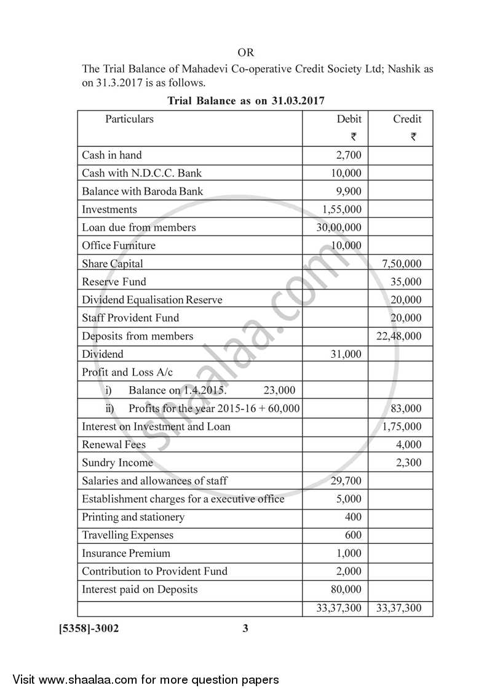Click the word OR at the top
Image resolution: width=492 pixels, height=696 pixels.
[245, 53]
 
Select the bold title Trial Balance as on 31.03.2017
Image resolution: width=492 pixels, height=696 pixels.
[246, 100]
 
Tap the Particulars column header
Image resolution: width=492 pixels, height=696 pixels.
[129, 119]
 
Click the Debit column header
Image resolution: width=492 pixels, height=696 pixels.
[349, 119]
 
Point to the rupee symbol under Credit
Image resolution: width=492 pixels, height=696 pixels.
[413, 137]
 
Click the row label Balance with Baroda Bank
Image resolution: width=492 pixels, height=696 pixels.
[142, 191]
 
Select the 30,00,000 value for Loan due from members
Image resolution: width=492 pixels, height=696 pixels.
[339, 227]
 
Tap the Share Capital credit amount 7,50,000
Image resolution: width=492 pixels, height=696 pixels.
[402, 264]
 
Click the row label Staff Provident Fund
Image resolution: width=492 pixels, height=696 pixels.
[130, 318]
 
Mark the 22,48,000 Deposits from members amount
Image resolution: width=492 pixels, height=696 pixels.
[399, 336]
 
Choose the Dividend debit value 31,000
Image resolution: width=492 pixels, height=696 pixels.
[346, 354]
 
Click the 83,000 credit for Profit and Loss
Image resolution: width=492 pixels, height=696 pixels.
[406, 408]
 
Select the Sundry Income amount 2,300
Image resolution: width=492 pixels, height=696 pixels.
[409, 462]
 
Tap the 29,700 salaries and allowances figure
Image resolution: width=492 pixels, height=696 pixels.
[346, 481]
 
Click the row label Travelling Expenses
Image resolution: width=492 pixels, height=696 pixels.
[127, 535]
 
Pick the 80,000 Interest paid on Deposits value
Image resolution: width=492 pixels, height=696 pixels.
[346, 589]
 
